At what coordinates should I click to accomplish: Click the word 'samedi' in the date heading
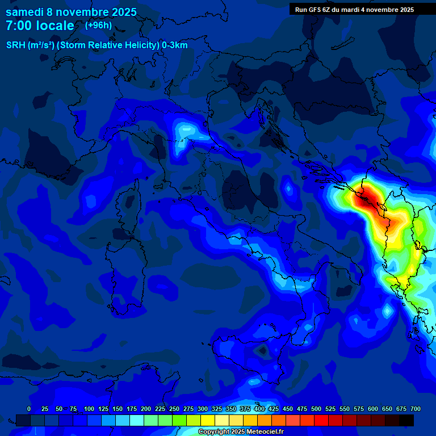click(24, 12)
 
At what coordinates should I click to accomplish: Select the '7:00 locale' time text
click(40, 26)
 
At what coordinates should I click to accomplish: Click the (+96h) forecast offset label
click(98, 26)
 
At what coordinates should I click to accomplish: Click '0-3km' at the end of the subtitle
click(175, 45)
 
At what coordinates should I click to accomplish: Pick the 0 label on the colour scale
click(29, 409)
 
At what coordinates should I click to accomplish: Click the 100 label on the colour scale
click(89, 409)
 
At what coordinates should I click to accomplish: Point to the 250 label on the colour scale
click(174, 409)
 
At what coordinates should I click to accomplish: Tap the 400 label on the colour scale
click(259, 409)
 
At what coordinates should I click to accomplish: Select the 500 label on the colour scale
click(316, 409)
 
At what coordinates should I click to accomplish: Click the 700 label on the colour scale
click(416, 409)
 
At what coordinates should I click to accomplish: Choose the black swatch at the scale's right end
click(406, 420)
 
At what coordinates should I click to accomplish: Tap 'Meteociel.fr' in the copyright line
click(263, 432)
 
